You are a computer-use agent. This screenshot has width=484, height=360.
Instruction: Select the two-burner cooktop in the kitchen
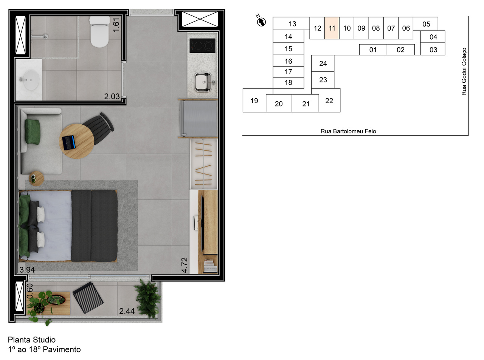[x=202, y=46]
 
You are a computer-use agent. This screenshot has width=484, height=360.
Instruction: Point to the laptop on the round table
[x=69, y=142]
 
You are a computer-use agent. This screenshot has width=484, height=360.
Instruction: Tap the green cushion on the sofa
[x=33, y=131]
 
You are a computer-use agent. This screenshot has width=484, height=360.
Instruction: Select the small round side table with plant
[x=37, y=178]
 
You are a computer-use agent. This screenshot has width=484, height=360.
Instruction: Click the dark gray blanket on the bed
[x=94, y=226]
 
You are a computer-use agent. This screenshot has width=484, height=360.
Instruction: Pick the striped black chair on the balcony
[x=88, y=297]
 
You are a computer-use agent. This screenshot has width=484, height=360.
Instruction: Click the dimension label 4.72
[x=185, y=265]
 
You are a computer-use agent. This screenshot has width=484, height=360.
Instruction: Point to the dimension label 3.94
[x=27, y=270]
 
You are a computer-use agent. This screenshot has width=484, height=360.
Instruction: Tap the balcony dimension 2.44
[x=127, y=311]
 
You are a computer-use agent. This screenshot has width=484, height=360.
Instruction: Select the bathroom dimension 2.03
[x=112, y=97]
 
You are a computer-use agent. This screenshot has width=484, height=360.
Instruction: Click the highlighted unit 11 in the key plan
[x=332, y=28]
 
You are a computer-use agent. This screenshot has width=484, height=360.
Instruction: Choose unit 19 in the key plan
[x=254, y=100]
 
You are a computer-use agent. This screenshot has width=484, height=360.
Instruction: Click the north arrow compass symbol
[x=261, y=22]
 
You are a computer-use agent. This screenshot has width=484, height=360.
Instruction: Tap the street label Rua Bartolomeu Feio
[x=348, y=131]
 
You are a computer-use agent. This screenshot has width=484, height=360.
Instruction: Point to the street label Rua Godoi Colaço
[x=464, y=71]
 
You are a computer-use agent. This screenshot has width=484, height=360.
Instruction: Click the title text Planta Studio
[x=32, y=340]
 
